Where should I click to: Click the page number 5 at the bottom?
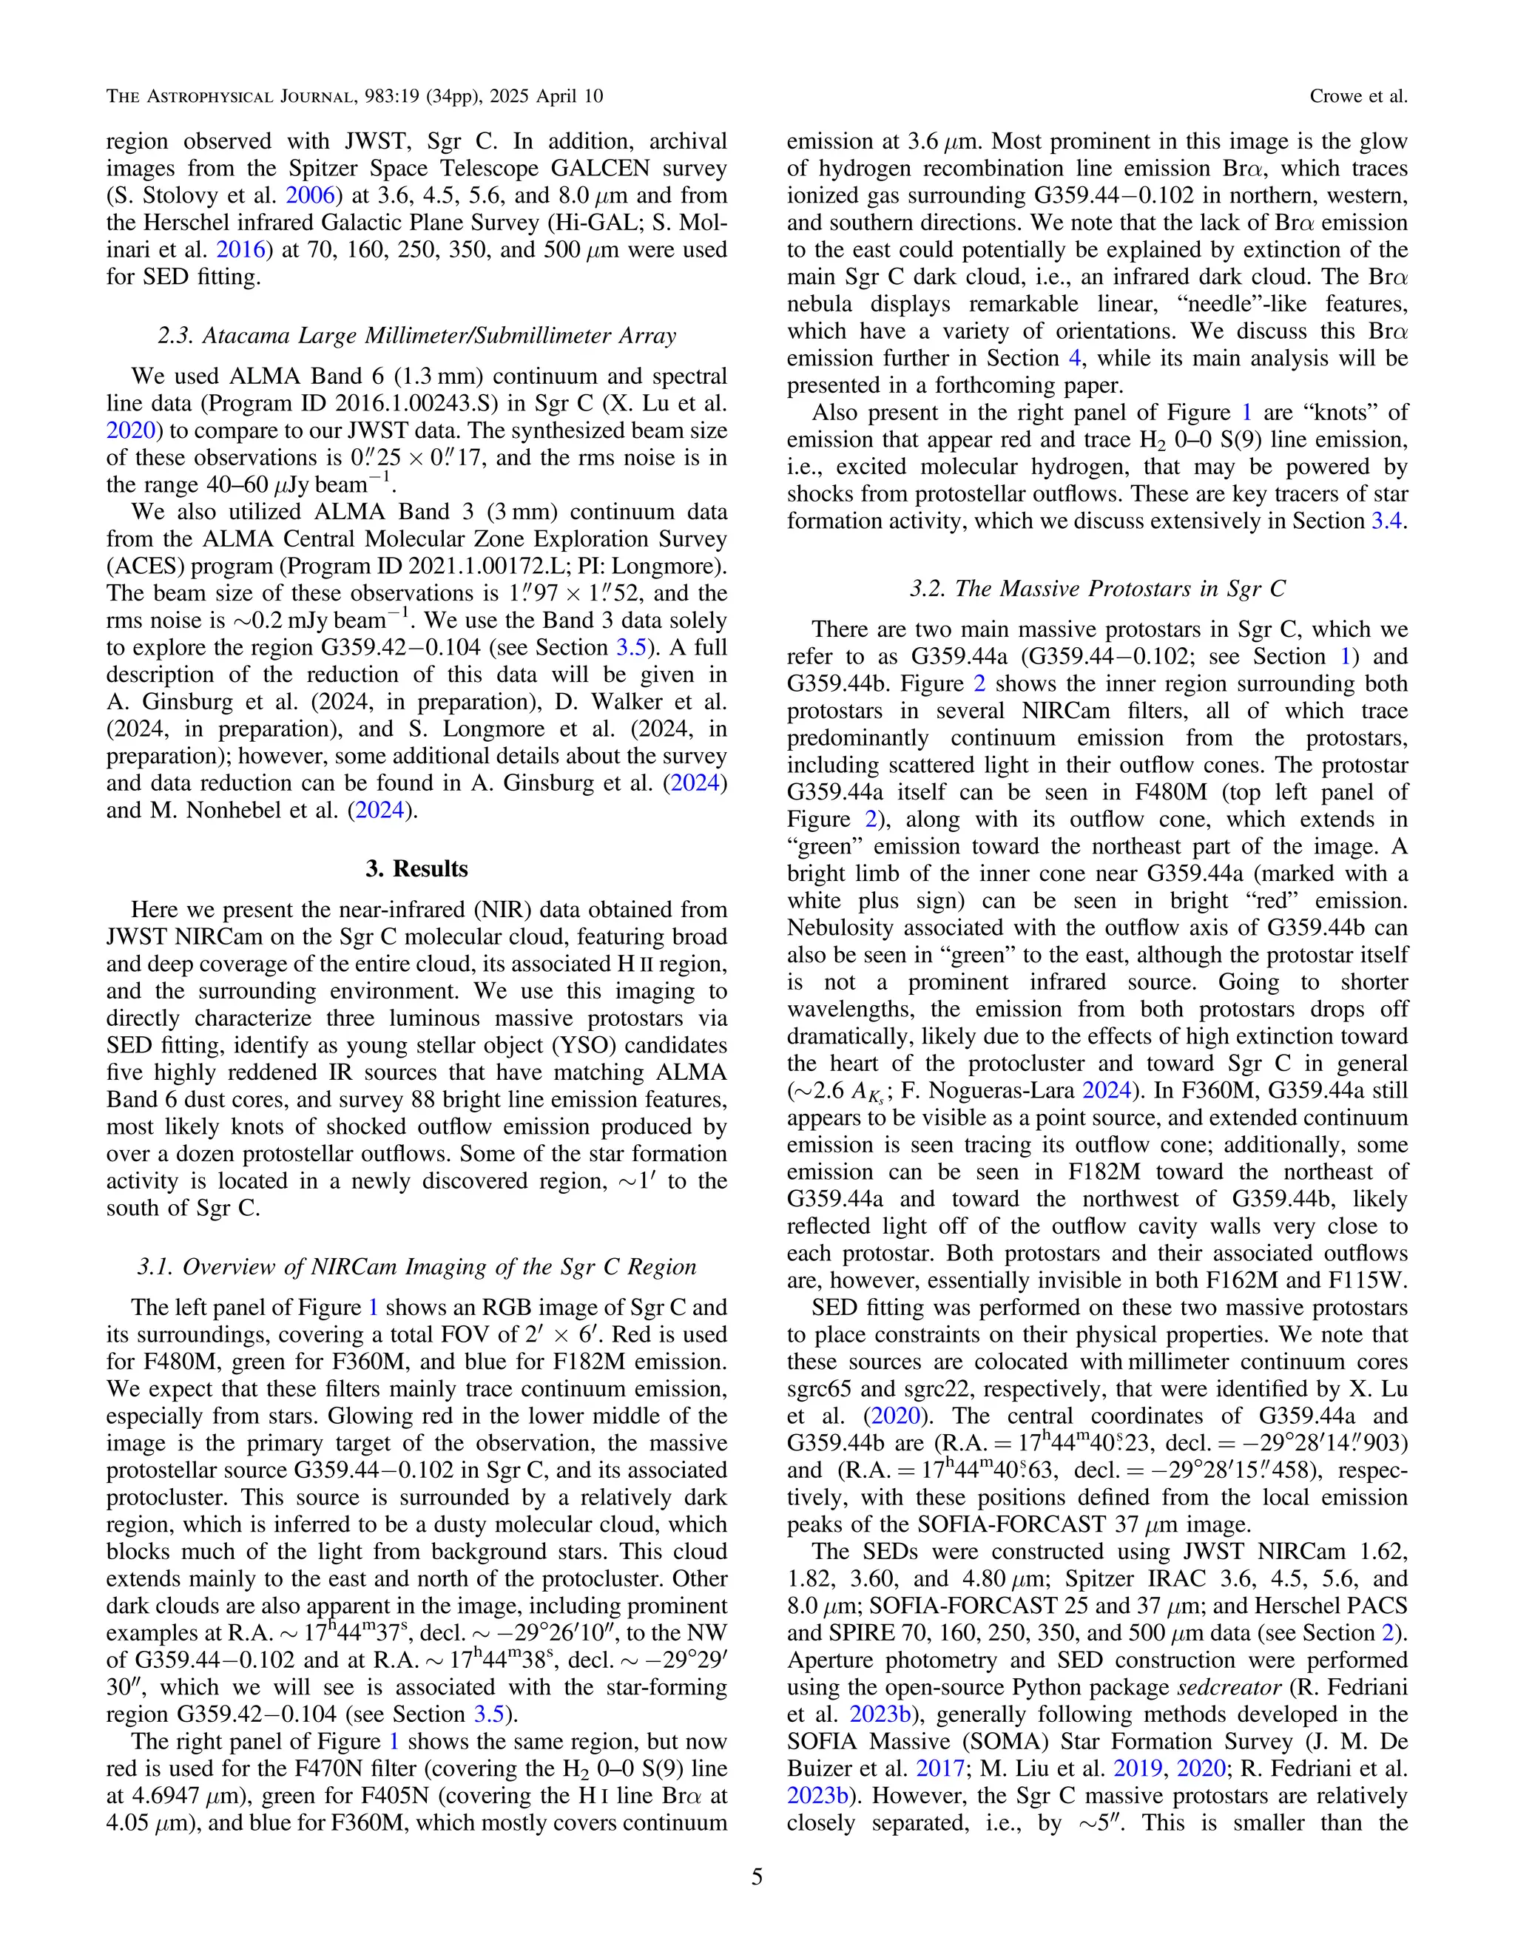pyautogui.click(x=757, y=1876)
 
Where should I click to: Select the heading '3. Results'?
pyautogui.click(x=416, y=869)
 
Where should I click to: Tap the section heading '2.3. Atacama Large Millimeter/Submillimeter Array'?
pyautogui.click(x=416, y=336)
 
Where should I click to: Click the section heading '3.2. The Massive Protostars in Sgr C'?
pyautogui.click(x=1097, y=589)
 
